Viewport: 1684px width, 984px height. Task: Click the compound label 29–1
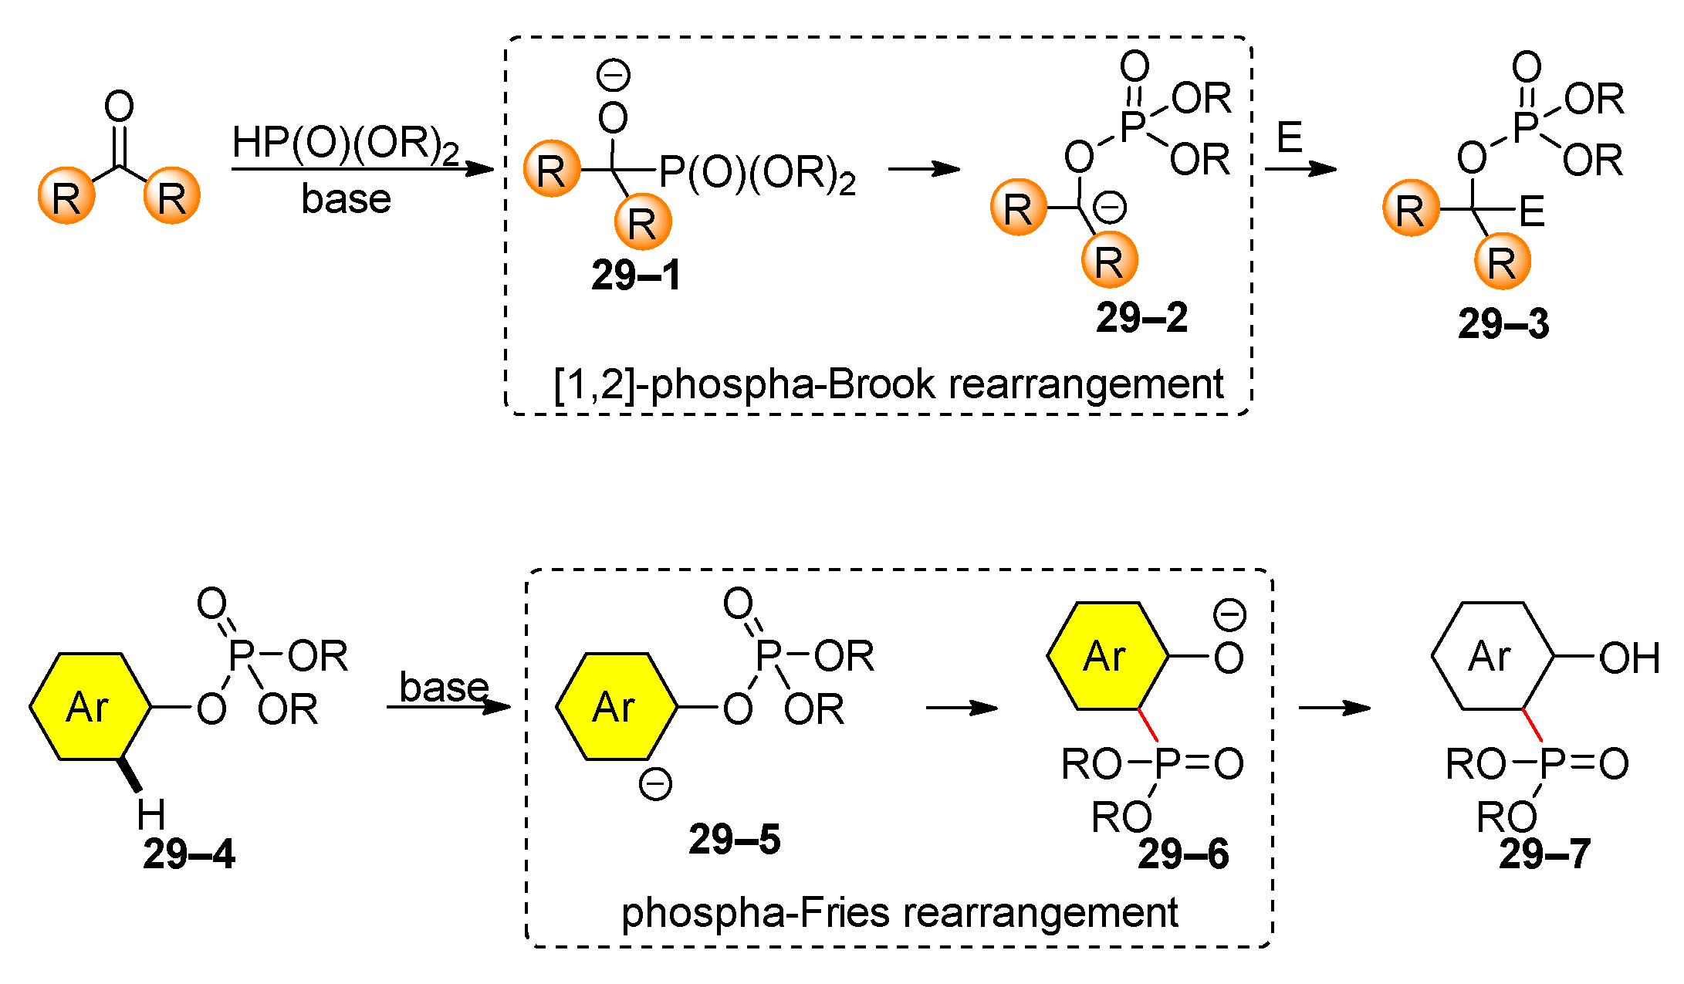tap(636, 276)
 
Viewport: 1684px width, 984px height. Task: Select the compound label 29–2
tap(1141, 317)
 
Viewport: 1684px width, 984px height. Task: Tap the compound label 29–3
tap(1503, 323)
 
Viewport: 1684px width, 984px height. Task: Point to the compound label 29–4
tap(188, 854)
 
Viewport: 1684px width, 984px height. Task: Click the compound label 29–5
tap(734, 839)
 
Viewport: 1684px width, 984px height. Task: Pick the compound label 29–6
tap(1183, 854)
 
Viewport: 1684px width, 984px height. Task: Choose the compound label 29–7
tap(1544, 854)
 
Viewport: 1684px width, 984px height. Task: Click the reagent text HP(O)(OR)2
tap(345, 144)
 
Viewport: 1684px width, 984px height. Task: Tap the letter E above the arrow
tap(1289, 138)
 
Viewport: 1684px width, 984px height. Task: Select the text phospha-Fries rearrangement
tap(899, 912)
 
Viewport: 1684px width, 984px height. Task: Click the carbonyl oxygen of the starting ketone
tap(119, 107)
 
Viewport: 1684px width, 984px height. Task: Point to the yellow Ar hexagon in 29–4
tap(90, 706)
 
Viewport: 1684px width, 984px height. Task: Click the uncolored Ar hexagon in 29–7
tap(1491, 656)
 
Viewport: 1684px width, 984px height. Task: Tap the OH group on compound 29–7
tap(1628, 658)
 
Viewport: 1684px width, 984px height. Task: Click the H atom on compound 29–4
tap(150, 814)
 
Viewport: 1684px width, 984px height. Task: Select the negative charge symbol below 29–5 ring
tap(655, 785)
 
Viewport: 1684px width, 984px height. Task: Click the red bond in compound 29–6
tap(1147, 725)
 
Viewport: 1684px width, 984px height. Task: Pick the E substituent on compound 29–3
tap(1531, 212)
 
